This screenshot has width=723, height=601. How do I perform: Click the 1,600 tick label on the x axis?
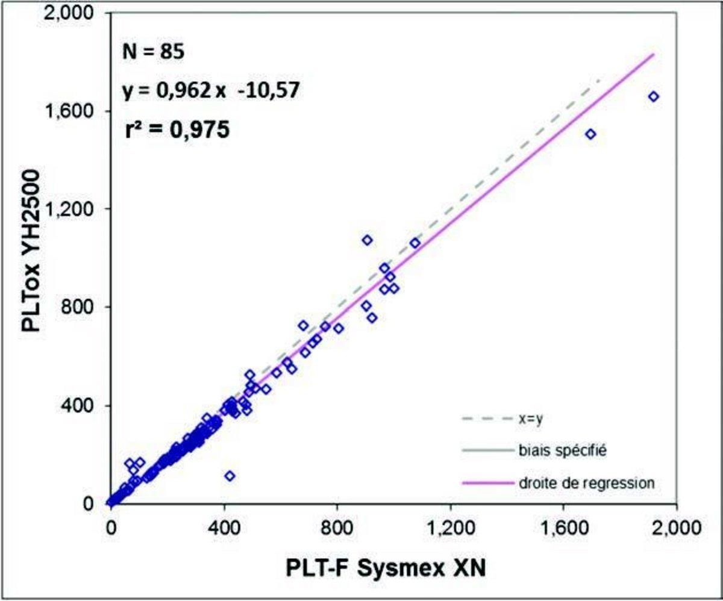[x=563, y=528]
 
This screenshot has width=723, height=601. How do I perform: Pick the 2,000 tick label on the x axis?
[x=677, y=528]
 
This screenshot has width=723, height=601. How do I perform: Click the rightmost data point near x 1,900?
[x=654, y=96]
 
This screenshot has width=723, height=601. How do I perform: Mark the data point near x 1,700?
[x=590, y=134]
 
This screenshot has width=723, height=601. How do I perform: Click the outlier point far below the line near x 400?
[x=230, y=476]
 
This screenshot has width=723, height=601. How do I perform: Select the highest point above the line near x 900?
[x=367, y=240]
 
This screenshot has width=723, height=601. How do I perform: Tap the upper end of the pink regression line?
[x=653, y=54]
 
